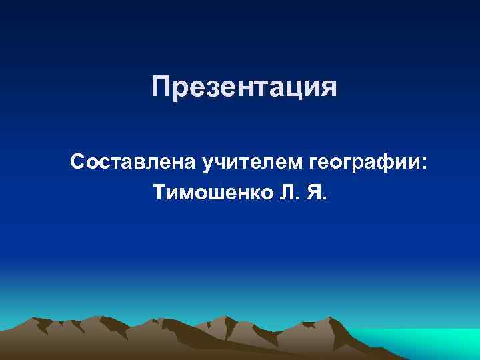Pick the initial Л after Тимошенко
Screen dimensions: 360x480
288,194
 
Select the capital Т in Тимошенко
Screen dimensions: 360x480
160,194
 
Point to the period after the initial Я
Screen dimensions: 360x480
325,199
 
